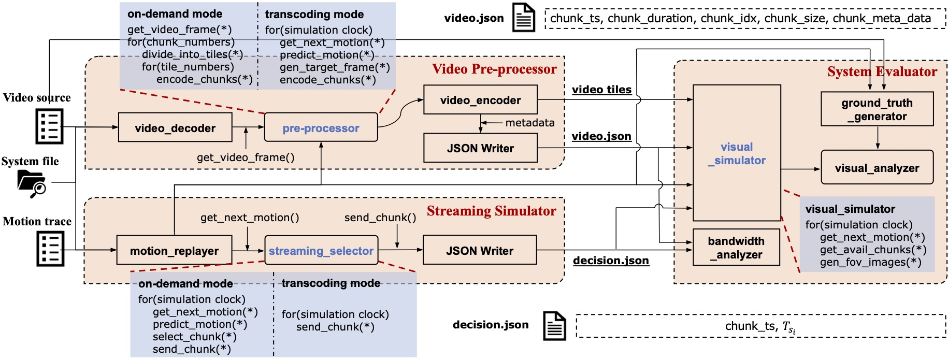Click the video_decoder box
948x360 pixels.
tap(175, 127)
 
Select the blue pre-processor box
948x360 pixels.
tap(321, 127)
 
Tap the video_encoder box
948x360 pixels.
tap(480, 100)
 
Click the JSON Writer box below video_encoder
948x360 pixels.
tap(480, 148)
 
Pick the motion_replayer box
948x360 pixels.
tap(174, 251)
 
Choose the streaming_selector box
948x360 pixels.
tap(321, 251)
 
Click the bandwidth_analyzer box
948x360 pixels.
tap(736, 248)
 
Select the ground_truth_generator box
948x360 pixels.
tap(877, 109)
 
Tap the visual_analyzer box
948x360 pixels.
tap(877, 168)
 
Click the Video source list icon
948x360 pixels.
tap(50, 126)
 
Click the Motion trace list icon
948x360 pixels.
tap(50, 249)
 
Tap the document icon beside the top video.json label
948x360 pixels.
tap(523, 18)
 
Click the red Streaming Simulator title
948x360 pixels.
tap(491, 211)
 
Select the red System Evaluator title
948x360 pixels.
tap(882, 71)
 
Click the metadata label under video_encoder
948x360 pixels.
tap(529, 123)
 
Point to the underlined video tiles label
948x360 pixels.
tap(601, 90)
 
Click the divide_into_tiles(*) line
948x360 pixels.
tap(192, 54)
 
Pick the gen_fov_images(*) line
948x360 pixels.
tap(870, 262)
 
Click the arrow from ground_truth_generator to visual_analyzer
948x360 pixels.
tap(878, 138)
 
